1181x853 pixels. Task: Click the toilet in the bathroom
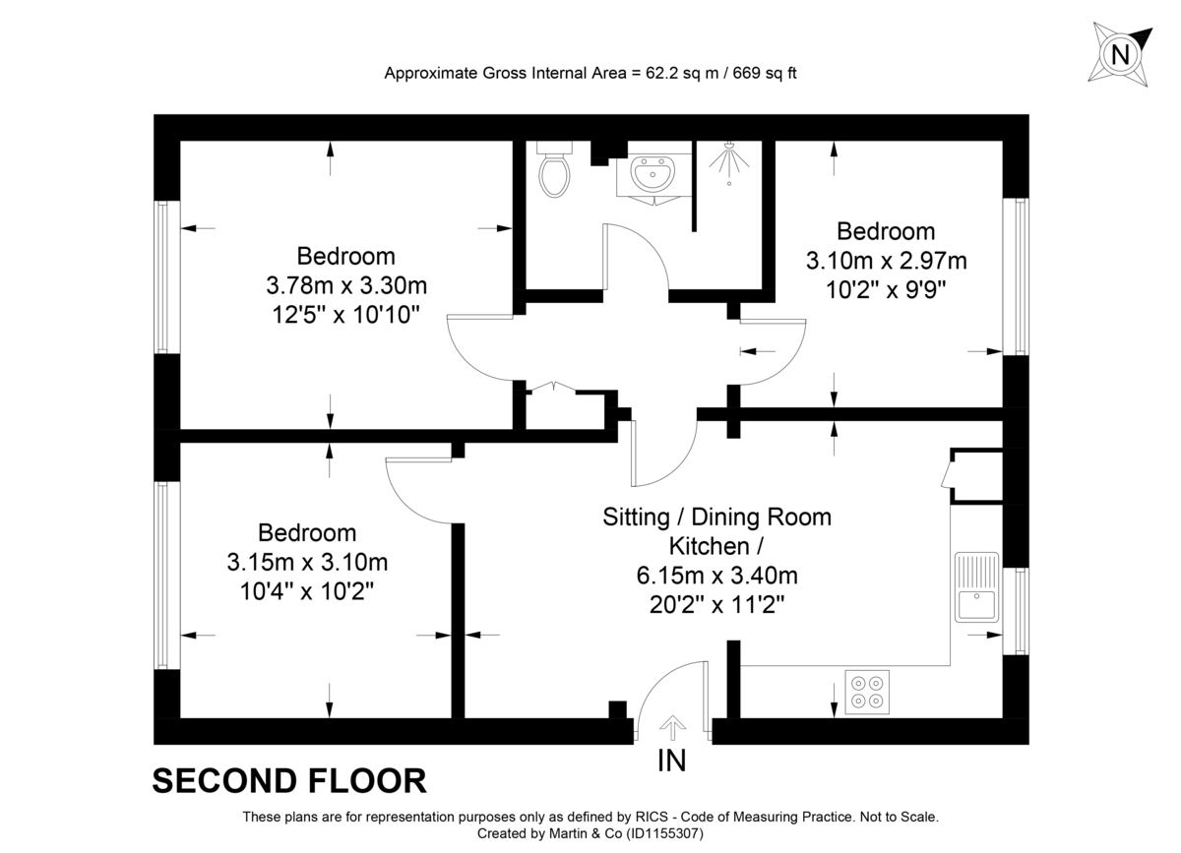tap(556, 173)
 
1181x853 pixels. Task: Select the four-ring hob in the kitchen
tap(867, 690)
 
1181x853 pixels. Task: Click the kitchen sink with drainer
tap(976, 586)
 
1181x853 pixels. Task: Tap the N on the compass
tap(1119, 54)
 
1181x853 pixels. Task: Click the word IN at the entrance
tap(673, 761)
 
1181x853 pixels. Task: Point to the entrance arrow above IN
tap(673, 728)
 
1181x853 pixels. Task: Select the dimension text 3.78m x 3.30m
tap(346, 286)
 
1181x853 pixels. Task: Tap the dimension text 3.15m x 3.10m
tap(307, 563)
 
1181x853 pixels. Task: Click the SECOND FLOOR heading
tap(289, 781)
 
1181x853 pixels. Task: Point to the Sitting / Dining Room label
tap(716, 517)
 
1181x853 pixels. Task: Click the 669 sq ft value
tap(760, 73)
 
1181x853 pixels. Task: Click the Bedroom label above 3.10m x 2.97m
tap(886, 231)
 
